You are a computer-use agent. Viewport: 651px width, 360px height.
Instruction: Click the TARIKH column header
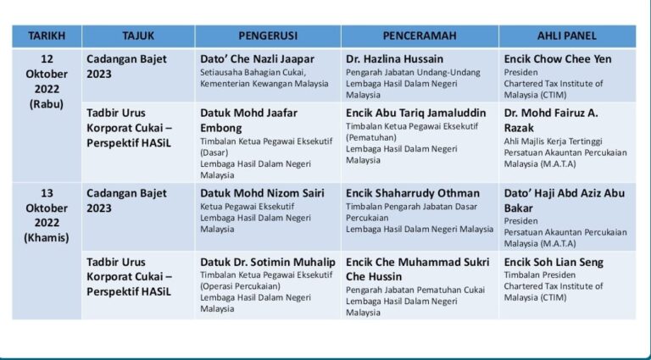click(47, 36)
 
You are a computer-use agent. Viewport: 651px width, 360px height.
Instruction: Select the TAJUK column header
click(138, 36)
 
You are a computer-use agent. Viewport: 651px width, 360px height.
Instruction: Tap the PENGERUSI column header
click(267, 36)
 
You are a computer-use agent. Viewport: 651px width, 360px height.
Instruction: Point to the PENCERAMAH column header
click(420, 36)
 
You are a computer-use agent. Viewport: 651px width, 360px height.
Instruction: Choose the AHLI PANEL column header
click(566, 36)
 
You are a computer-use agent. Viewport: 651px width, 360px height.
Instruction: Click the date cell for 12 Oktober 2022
click(47, 80)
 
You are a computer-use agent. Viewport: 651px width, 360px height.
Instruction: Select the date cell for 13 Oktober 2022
click(47, 215)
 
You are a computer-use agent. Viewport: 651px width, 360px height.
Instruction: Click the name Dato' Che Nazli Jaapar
click(257, 59)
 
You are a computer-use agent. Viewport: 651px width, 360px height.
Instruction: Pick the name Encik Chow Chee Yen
click(557, 59)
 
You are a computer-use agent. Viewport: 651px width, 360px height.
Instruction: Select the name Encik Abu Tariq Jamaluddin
click(415, 111)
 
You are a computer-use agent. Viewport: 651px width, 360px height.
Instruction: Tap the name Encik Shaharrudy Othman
click(413, 193)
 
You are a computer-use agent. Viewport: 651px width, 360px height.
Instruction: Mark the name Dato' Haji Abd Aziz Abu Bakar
click(564, 200)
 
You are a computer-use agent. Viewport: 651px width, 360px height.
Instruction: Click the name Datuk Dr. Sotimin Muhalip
click(268, 262)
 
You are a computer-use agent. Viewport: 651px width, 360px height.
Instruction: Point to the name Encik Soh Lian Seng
click(554, 262)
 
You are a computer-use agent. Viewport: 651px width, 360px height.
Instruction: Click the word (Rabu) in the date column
click(47, 104)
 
